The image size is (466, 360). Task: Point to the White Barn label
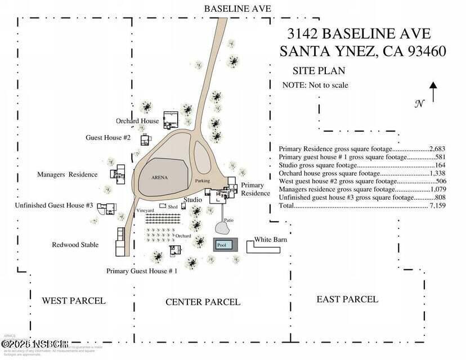click(271, 240)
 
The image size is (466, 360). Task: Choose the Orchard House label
click(137, 121)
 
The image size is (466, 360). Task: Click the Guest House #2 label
click(108, 137)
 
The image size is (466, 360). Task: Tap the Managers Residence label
click(67, 174)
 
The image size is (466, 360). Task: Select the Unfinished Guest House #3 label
click(54, 206)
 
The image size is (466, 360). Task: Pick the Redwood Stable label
click(75, 245)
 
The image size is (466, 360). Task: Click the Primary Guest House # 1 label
click(142, 271)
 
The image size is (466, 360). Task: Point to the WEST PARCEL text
click(73, 300)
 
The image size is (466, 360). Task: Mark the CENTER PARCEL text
click(203, 302)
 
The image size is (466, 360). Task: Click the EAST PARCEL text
click(347, 299)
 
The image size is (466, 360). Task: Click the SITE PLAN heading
click(318, 71)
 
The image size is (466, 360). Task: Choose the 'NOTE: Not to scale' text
click(315, 85)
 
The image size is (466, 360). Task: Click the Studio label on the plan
click(192, 200)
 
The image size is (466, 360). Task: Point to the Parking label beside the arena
click(203, 181)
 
